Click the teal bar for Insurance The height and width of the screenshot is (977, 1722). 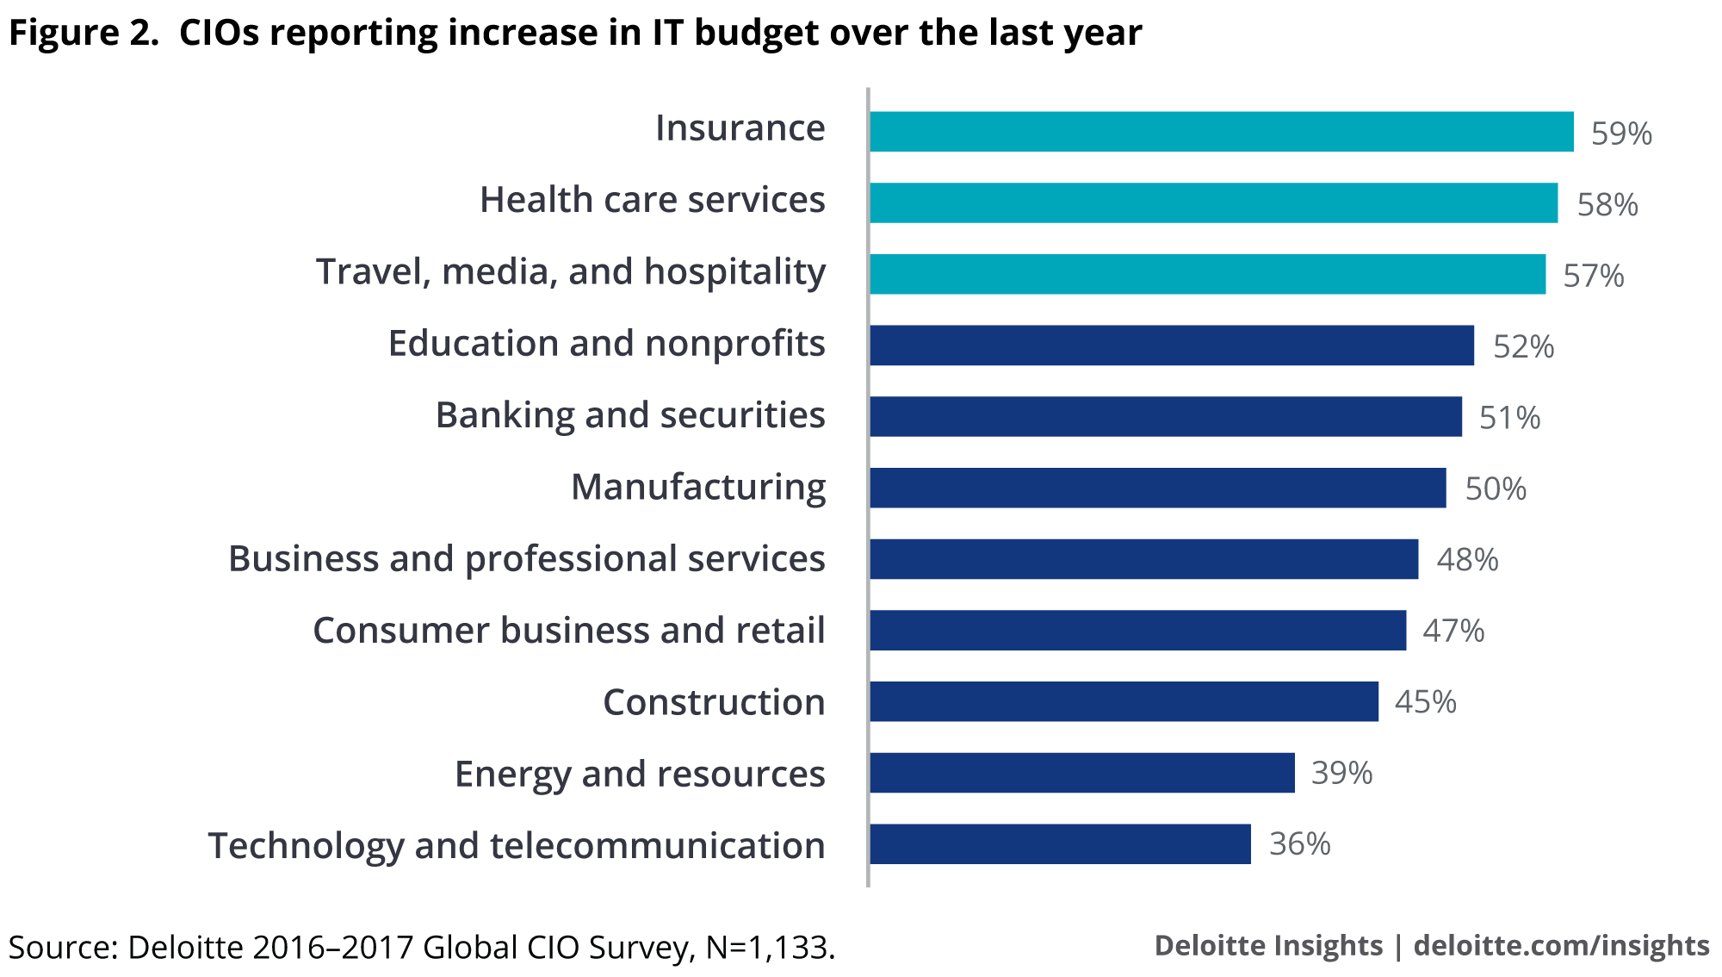tap(1221, 132)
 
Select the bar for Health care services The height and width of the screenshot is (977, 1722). tap(1213, 203)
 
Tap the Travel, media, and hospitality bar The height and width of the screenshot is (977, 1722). tap(1207, 274)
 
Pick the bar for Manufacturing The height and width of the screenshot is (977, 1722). tap(1157, 488)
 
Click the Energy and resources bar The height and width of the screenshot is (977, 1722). tap(1081, 773)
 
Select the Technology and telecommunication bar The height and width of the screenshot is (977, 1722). tap(1060, 844)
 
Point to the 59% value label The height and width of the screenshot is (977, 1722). tap(1621, 134)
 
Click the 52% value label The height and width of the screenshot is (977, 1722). tap(1523, 346)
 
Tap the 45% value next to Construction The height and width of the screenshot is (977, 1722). tap(1425, 702)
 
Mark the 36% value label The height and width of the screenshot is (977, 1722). tap(1299, 844)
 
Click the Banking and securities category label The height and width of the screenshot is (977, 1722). tap(630, 415)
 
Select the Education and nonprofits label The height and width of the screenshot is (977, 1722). tap(606, 344)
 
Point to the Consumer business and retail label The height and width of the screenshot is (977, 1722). tap(568, 631)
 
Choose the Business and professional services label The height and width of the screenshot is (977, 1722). tap(526, 559)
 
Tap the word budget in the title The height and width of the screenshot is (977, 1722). tap(756, 33)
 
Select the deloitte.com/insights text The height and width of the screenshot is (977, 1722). tap(1561, 945)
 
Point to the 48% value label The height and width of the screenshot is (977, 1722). tap(1467, 560)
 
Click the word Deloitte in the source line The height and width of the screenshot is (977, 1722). tap(186, 947)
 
